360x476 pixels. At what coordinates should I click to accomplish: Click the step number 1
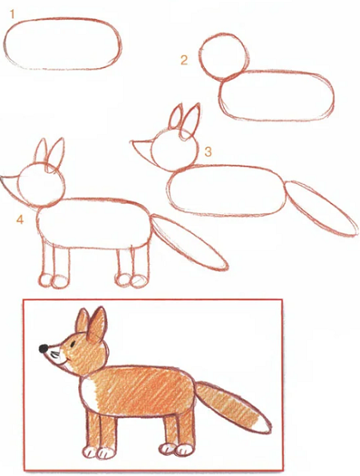coord(12,14)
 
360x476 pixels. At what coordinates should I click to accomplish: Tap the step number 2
coord(184,60)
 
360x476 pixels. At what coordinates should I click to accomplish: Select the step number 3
coord(208,151)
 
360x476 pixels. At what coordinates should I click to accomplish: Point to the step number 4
coord(20,219)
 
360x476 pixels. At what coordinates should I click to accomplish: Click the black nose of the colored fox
coord(44,349)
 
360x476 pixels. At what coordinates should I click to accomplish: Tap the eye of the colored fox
coord(73,344)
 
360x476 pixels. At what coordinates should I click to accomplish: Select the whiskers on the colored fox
coord(55,354)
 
